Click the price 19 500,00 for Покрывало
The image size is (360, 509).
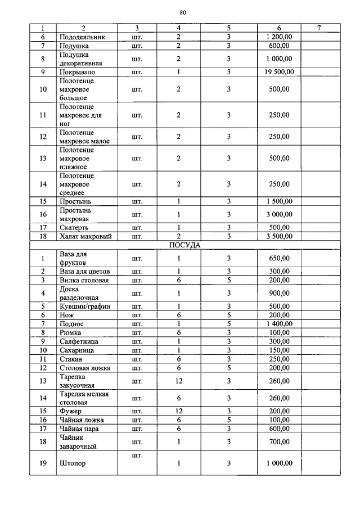tap(279, 72)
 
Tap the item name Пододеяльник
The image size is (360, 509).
tap(82, 37)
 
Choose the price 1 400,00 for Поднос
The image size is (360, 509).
tap(279, 324)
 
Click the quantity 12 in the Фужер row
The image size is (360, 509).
tap(178, 411)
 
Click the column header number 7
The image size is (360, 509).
tap(319, 28)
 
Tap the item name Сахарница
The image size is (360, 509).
tap(78, 350)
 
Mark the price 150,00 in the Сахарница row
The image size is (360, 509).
tap(279, 350)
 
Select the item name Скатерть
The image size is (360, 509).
tap(75, 227)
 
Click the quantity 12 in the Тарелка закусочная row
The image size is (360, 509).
tap(178, 381)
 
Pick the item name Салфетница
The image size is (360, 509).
tap(79, 341)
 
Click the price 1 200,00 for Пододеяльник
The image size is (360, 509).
tap(279, 37)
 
